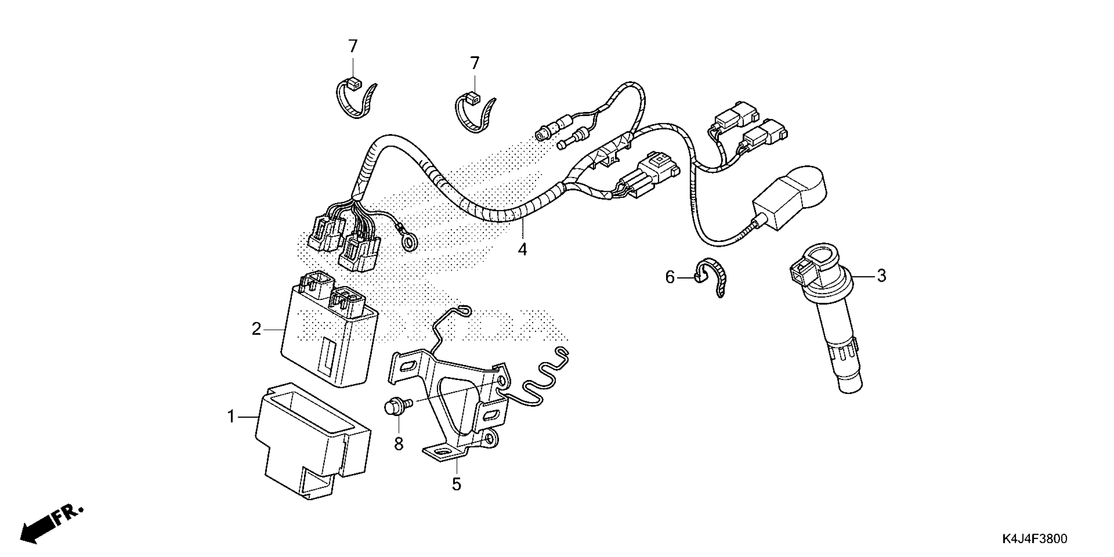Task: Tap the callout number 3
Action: (881, 276)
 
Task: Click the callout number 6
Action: (669, 277)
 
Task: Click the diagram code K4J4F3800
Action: (1034, 539)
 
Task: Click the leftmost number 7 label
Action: (353, 46)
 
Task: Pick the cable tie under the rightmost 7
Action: (475, 115)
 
